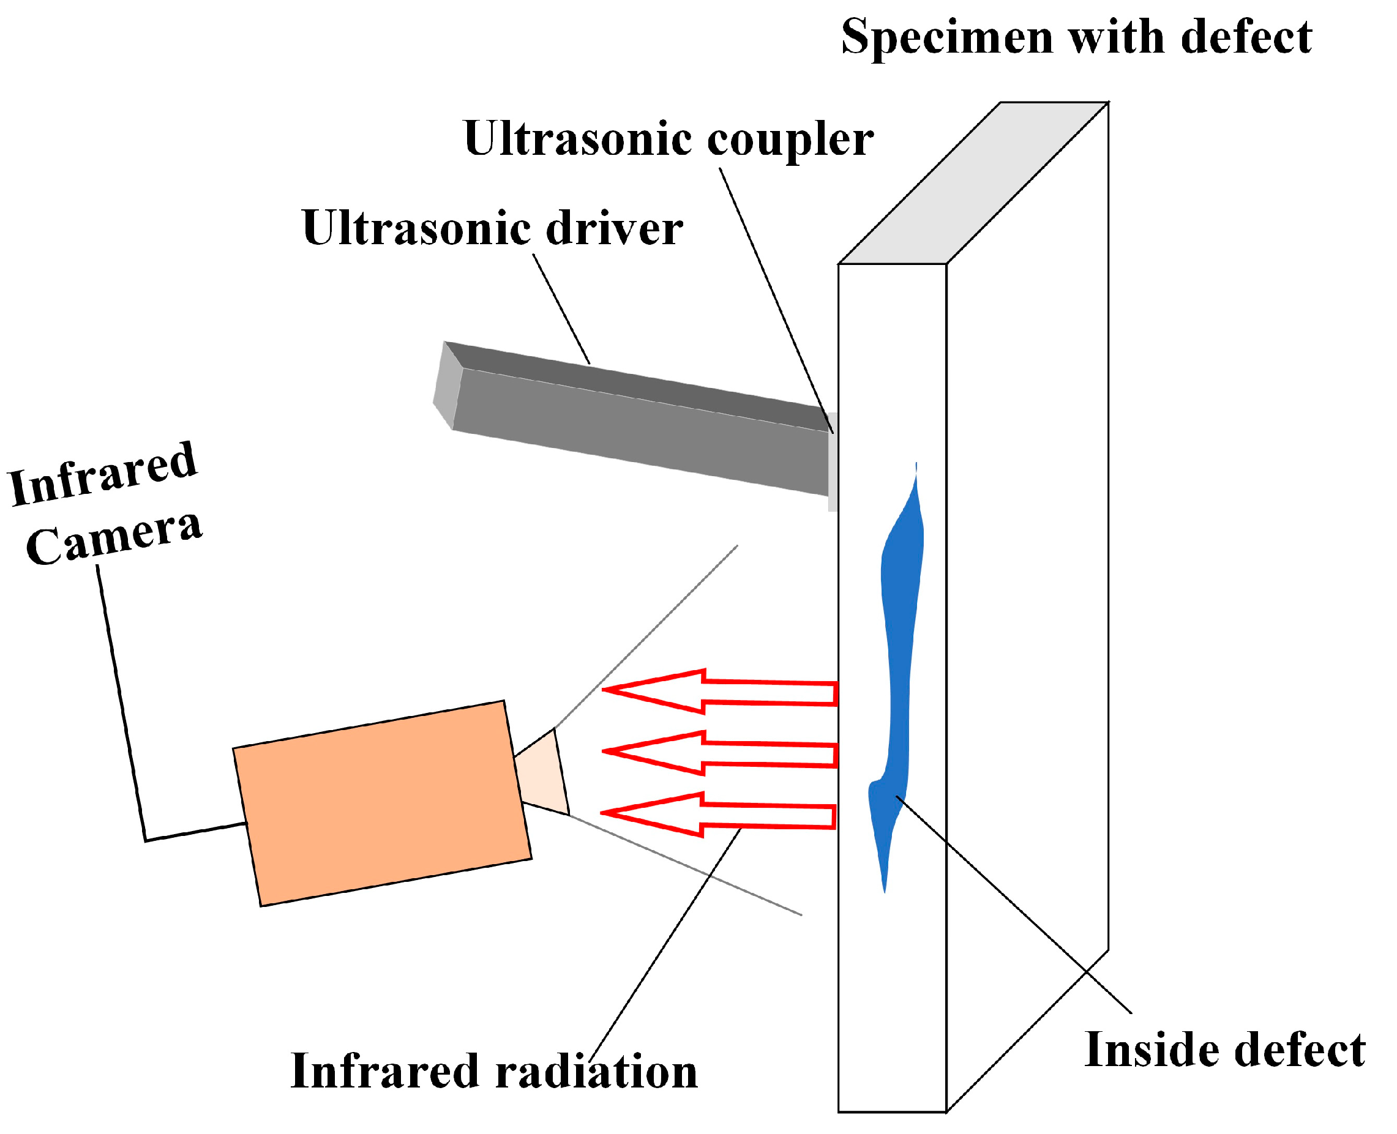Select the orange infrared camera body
click(x=381, y=803)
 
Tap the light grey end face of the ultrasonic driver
click(x=447, y=386)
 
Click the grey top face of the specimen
click(x=973, y=183)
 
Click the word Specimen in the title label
click(x=948, y=38)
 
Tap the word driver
click(x=613, y=229)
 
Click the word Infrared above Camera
click(x=103, y=476)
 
